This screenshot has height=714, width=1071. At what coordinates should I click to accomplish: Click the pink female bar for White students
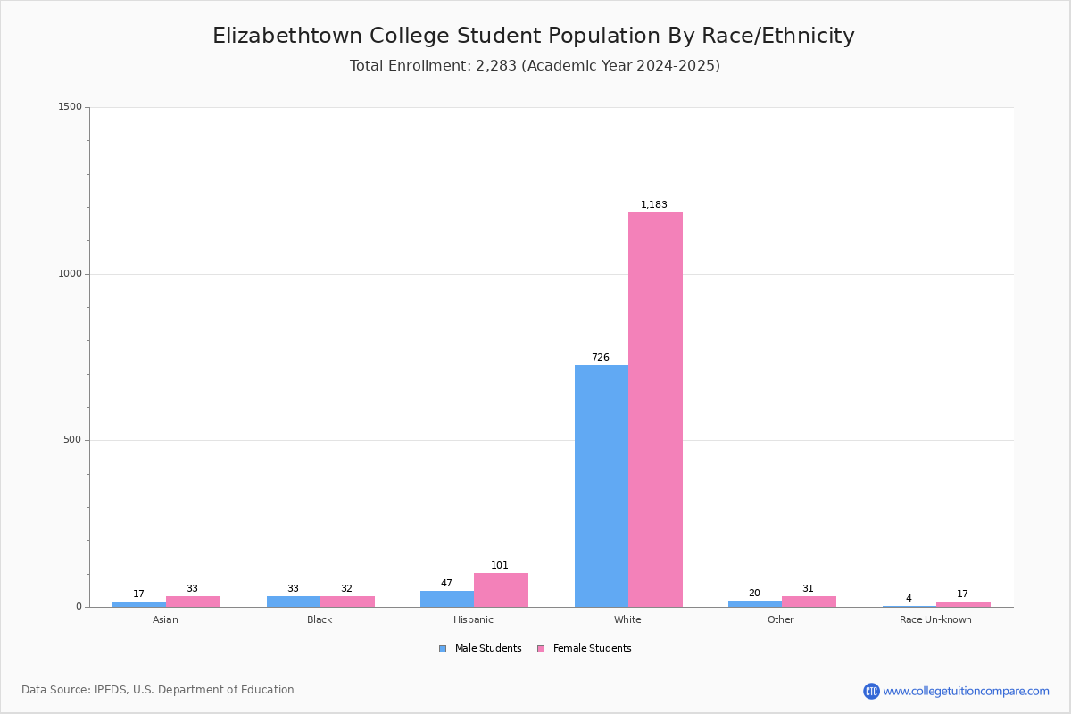click(x=655, y=410)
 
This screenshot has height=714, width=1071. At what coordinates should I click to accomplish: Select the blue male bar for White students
click(x=602, y=486)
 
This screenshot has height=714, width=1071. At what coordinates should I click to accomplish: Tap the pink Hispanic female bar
click(x=501, y=590)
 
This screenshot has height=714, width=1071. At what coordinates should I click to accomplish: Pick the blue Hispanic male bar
click(x=447, y=599)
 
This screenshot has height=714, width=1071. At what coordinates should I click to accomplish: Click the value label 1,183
click(x=653, y=204)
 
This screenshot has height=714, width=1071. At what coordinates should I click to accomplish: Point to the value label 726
click(x=601, y=357)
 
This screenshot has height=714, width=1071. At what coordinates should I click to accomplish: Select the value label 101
click(x=500, y=565)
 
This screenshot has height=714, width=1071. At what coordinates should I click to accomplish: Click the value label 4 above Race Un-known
click(x=909, y=598)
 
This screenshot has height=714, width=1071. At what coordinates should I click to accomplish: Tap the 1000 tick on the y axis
click(x=71, y=273)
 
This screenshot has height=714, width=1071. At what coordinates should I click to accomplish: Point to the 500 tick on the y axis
click(x=72, y=439)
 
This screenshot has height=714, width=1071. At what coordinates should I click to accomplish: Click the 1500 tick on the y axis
click(x=71, y=106)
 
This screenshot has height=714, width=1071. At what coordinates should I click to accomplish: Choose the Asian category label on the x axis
click(x=165, y=619)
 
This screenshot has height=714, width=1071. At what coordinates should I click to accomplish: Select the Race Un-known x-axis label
click(x=935, y=619)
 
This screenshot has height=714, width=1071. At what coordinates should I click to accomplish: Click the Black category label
click(x=320, y=619)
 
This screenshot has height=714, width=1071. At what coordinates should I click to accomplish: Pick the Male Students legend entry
click(x=480, y=649)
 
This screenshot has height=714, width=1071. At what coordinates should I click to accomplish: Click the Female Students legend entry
click(x=584, y=649)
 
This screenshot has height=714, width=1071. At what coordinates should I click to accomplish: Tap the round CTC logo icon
click(x=871, y=691)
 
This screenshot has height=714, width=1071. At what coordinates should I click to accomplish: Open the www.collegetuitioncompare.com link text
click(x=967, y=691)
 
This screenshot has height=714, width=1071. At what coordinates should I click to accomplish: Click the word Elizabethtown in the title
click(x=286, y=36)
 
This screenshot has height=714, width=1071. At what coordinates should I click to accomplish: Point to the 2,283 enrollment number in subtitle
click(x=496, y=65)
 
